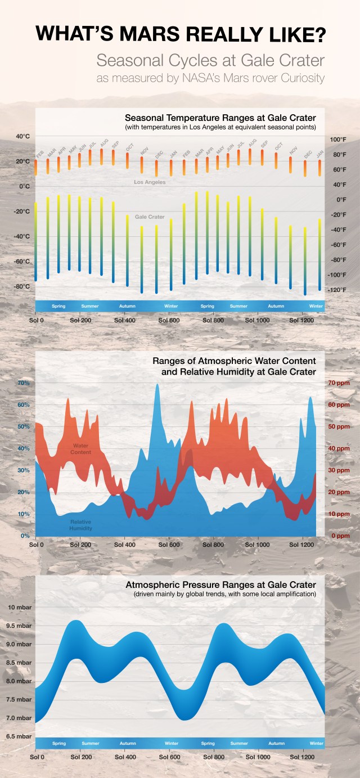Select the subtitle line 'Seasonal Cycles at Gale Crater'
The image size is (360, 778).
pyautogui.click(x=210, y=60)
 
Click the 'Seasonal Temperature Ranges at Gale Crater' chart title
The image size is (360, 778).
pyautogui.click(x=220, y=118)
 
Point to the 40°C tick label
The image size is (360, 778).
pyautogui.click(x=22, y=137)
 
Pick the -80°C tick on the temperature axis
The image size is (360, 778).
pyautogui.click(x=21, y=286)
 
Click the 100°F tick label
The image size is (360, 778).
pyautogui.click(x=337, y=140)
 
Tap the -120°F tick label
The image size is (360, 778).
pyautogui.click(x=337, y=290)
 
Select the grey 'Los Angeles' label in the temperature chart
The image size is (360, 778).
pyautogui.click(x=150, y=182)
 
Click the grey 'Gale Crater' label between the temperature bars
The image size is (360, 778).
pyautogui.click(x=150, y=217)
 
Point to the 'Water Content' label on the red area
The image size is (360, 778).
pyautogui.click(x=81, y=449)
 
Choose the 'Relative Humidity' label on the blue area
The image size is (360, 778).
pyautogui.click(x=80, y=525)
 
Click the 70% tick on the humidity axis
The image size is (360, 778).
pyautogui.click(x=24, y=383)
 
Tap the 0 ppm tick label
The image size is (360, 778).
pyautogui.click(x=340, y=536)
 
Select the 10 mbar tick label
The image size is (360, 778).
pyautogui.click(x=20, y=608)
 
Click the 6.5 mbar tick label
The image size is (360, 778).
pyautogui.click(x=20, y=736)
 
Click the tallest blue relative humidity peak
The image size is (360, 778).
pyautogui.click(x=157, y=386)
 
